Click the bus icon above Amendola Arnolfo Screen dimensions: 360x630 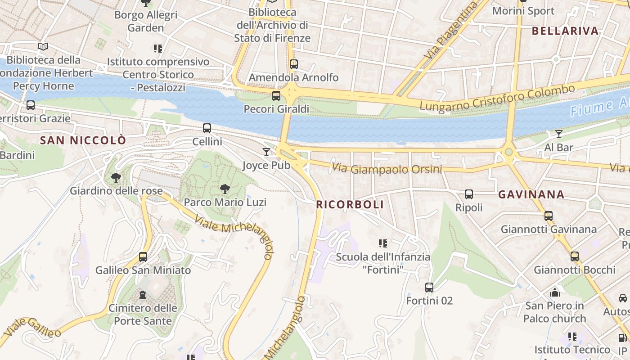tap(294, 64)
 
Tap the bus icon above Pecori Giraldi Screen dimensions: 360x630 tap(276, 96)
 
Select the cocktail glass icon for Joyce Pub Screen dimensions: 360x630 tap(266, 152)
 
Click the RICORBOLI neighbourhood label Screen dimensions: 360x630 tap(350, 205)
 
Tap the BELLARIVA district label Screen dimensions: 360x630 tap(565, 31)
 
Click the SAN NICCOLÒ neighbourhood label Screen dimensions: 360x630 tap(83, 140)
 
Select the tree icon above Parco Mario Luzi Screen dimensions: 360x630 tap(225, 189)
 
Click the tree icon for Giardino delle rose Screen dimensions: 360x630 tap(116, 178)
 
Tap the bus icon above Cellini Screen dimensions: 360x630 tap(207, 128)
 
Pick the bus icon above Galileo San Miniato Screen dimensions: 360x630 tap(143, 257)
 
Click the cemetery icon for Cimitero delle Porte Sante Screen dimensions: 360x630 tap(143, 295)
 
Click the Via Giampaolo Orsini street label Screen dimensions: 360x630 tap(387, 169)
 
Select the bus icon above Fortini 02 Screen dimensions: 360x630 tap(429, 287)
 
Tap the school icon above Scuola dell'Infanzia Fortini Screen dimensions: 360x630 tap(383, 243)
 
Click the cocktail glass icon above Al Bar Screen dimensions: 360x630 tap(559, 134)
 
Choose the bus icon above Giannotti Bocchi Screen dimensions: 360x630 tap(575, 256)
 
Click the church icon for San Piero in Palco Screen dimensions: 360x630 tap(555, 292)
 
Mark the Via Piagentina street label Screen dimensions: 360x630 tap(451, 31)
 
